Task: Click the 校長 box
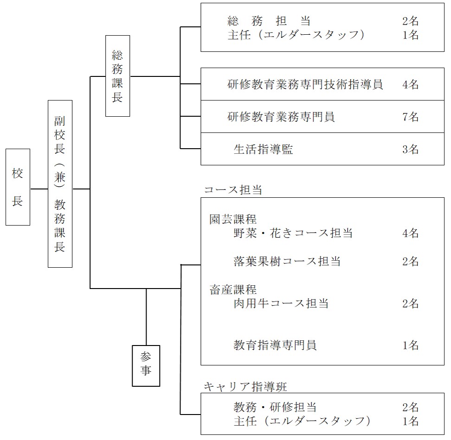click(x=18, y=187)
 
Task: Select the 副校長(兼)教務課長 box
click(x=60, y=184)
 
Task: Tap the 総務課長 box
click(x=117, y=75)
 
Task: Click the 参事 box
click(x=146, y=365)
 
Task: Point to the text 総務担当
click(x=269, y=21)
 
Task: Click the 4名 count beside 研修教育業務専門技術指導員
click(x=411, y=84)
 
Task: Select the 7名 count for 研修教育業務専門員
click(x=411, y=117)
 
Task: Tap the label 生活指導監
click(x=263, y=149)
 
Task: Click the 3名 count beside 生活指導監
click(x=411, y=149)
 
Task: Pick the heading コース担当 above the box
click(x=233, y=190)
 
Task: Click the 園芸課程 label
click(x=233, y=219)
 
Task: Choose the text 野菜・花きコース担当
click(x=293, y=233)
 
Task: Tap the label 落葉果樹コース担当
click(x=287, y=261)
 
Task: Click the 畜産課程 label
click(x=233, y=290)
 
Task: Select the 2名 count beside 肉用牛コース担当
click(x=411, y=304)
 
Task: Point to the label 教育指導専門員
click(x=275, y=345)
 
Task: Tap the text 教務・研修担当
click(x=275, y=407)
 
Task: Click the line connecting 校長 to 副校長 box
click(x=39, y=189)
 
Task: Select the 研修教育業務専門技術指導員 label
click(x=305, y=84)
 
